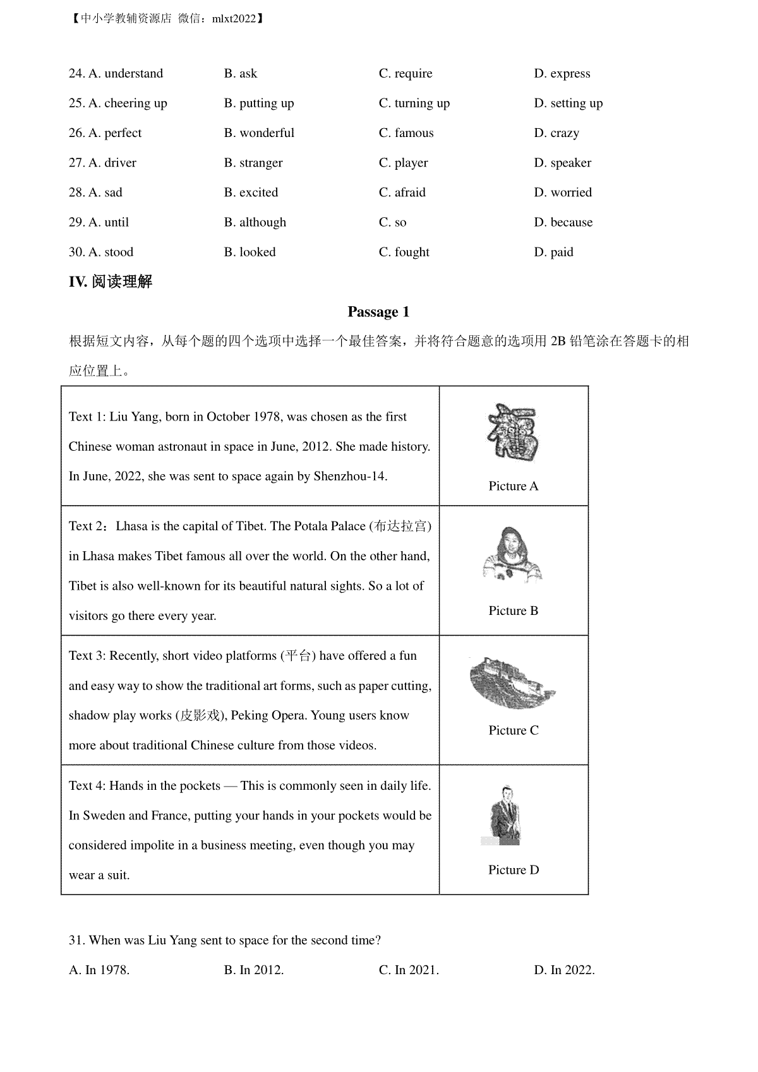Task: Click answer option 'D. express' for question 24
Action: [x=562, y=74]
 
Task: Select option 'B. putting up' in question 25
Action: [x=258, y=104]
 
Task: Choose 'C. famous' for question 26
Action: [x=406, y=133]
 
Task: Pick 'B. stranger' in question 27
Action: [x=253, y=163]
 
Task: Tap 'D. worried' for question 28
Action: [x=562, y=193]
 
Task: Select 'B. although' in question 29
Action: [x=255, y=222]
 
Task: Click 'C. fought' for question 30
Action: [x=404, y=252]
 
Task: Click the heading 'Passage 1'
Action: [x=378, y=312]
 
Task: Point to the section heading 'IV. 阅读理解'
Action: [x=111, y=282]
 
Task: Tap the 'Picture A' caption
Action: [x=513, y=486]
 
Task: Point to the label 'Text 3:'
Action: [x=87, y=656]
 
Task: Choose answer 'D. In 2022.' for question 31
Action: [x=564, y=970]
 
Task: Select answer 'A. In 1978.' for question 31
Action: [x=99, y=970]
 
